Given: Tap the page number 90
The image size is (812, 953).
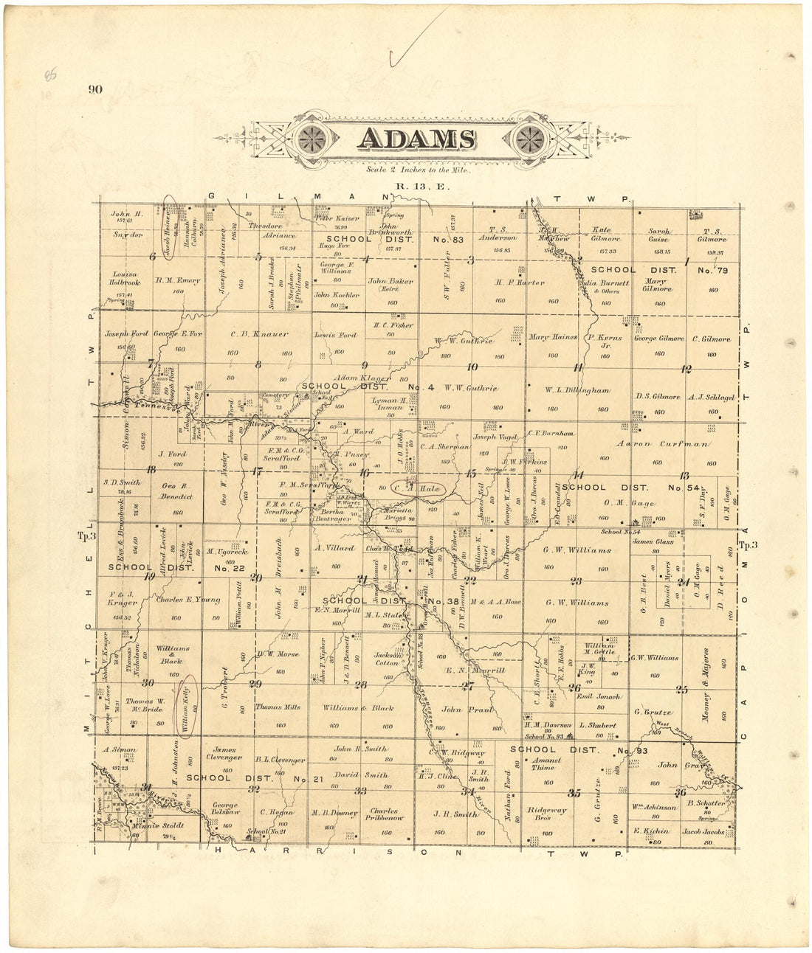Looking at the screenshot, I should pyautogui.click(x=95, y=90).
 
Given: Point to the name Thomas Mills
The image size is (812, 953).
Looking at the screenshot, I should pyautogui.click(x=278, y=707).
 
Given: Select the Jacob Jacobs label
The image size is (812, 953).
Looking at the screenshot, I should pyautogui.click(x=707, y=831).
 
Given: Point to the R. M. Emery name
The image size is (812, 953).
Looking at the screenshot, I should pyautogui.click(x=178, y=280).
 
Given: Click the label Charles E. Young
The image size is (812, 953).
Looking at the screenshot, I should pyautogui.click(x=187, y=600).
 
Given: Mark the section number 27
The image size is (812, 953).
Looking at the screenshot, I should pyautogui.click(x=467, y=687).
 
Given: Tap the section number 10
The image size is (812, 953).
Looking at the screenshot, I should pyautogui.click(x=472, y=367).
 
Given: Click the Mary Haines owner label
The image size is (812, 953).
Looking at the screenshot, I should pyautogui.click(x=553, y=338).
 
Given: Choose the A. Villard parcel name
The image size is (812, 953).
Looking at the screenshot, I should pyautogui.click(x=334, y=548).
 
